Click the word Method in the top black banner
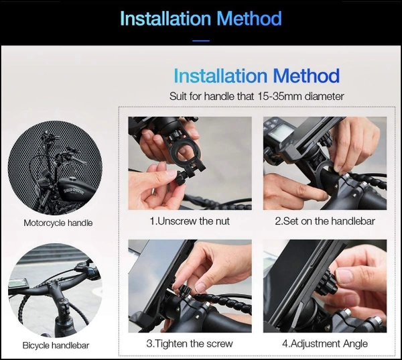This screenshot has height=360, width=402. click(249, 19)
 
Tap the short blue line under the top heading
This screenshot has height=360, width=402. click(201, 40)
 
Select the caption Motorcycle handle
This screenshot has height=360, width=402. click(58, 223)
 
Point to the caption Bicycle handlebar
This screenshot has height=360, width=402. click(56, 345)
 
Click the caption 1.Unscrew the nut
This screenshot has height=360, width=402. click(190, 221)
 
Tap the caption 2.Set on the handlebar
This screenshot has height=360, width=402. click(325, 221)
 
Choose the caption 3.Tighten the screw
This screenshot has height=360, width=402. click(190, 344)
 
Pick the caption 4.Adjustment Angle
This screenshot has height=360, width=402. click(325, 344)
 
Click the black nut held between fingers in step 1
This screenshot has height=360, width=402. click(181, 178)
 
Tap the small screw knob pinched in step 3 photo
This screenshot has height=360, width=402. click(185, 291)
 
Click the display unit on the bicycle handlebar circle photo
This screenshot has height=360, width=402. click(17, 284)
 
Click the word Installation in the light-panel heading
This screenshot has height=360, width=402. click(220, 76)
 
